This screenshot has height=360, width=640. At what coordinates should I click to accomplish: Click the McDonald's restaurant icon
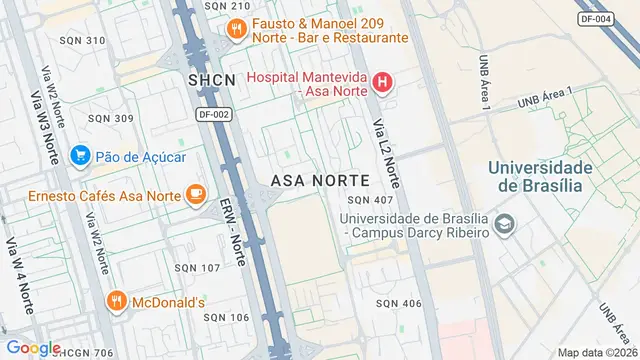pyautogui.click(x=116, y=301)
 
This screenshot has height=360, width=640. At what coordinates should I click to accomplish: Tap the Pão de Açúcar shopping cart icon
pyautogui.click(x=80, y=155)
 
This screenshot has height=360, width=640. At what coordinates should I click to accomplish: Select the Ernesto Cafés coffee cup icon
pyautogui.click(x=196, y=194)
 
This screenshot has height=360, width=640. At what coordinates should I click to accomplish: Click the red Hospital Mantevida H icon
pyautogui.click(x=380, y=81)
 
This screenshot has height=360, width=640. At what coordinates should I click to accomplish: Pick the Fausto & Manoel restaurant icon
pyautogui.click(x=236, y=29)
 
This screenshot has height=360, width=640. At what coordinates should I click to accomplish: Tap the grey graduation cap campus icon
pyautogui.click(x=505, y=224)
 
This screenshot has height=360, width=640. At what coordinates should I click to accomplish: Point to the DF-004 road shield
pyautogui.click(x=597, y=18)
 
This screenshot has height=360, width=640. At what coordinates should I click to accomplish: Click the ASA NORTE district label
pyautogui.click(x=320, y=180)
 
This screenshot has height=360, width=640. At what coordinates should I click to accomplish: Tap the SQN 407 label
pyautogui.click(x=371, y=201)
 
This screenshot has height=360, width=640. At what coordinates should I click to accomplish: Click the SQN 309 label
pyautogui.click(x=111, y=118)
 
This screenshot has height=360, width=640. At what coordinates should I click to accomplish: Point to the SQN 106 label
pyautogui.click(x=198, y=317)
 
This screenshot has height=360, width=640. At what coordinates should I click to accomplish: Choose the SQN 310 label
pyautogui.click(x=83, y=40)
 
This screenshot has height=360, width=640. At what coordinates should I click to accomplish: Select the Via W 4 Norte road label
pyautogui.click(x=19, y=267)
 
